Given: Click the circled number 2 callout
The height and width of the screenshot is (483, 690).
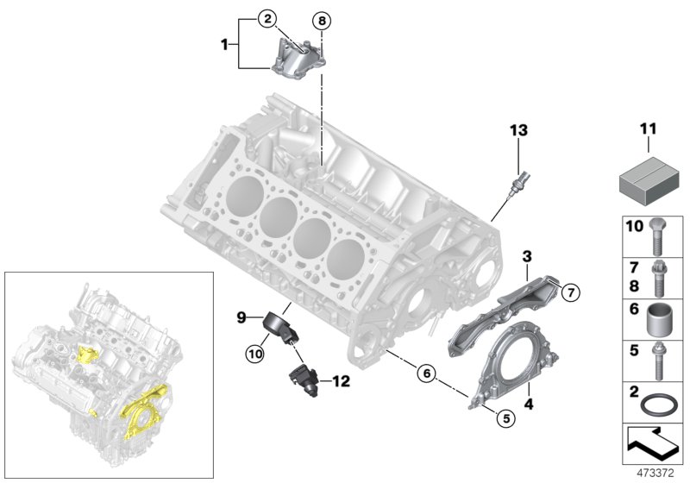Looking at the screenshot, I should coord(268,18).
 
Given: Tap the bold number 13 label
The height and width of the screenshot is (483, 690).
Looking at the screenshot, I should coord(517,130).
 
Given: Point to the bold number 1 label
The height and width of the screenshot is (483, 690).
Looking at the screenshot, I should coord(227,41).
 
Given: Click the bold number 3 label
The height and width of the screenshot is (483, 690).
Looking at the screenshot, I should coord(526,256).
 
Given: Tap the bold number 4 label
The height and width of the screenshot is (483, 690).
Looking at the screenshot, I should coord(527,402).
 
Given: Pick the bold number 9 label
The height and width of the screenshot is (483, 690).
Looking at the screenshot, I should coord(242,317).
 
